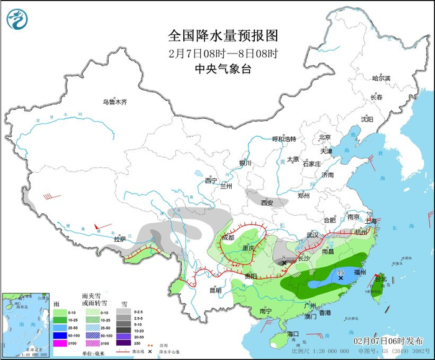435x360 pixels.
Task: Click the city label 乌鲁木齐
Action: (x=114, y=102)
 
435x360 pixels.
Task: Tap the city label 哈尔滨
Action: (x=381, y=78)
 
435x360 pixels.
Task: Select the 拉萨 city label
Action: (x=119, y=239)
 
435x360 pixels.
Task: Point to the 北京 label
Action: (x=324, y=137)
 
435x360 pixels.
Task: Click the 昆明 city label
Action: (x=215, y=290)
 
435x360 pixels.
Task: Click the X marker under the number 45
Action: (x=341, y=279)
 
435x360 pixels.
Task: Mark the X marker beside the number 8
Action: (x=285, y=263)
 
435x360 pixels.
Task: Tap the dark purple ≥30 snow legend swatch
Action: (x=124, y=343)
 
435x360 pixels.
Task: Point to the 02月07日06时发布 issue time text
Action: (x=388, y=341)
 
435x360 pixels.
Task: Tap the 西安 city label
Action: (x=267, y=203)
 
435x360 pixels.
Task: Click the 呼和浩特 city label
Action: (x=285, y=139)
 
